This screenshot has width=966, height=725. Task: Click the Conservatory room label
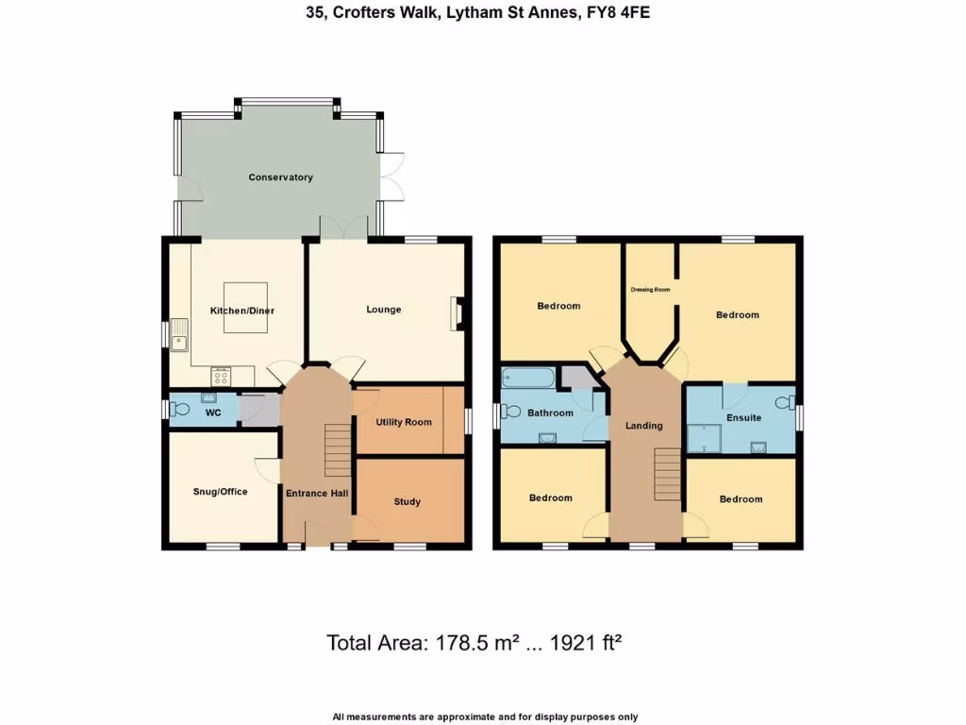[280, 177]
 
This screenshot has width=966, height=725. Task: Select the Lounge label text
[384, 310]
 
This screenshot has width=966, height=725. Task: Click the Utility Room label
[404, 422]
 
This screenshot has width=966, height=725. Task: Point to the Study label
[407, 502]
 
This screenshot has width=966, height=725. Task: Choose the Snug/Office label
[220, 492]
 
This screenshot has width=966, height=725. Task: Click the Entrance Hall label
[318, 493]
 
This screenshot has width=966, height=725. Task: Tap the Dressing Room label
[650, 290]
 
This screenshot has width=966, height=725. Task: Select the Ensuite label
[743, 417]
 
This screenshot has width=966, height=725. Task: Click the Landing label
[644, 426]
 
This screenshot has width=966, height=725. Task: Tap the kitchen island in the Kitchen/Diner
[245, 308]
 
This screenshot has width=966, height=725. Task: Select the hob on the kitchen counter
[222, 376]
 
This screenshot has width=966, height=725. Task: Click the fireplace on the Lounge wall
[458, 313]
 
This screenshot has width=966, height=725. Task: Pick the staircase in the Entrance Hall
[338, 450]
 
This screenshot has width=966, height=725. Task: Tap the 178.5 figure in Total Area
[461, 643]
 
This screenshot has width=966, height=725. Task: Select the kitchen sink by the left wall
[179, 338]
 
